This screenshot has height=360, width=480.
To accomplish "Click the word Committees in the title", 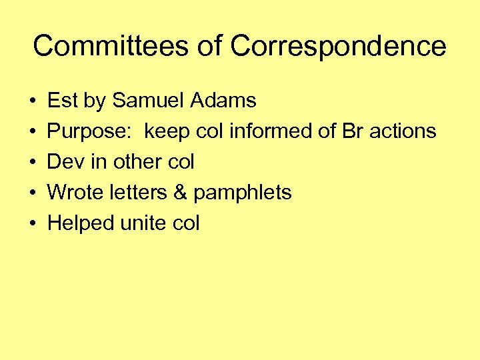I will tap(109, 47).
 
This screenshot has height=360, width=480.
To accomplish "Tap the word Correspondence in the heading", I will tap(338, 47).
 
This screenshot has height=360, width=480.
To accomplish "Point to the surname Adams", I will tap(223, 101).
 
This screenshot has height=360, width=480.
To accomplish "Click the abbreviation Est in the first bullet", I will tap(63, 101).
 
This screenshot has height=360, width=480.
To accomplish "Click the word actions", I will tap(403, 131).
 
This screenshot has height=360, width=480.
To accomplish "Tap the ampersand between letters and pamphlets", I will tap(180, 193).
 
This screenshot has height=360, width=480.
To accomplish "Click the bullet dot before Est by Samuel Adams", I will tap(33, 101).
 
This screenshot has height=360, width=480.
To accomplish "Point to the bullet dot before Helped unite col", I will tap(33, 224).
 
